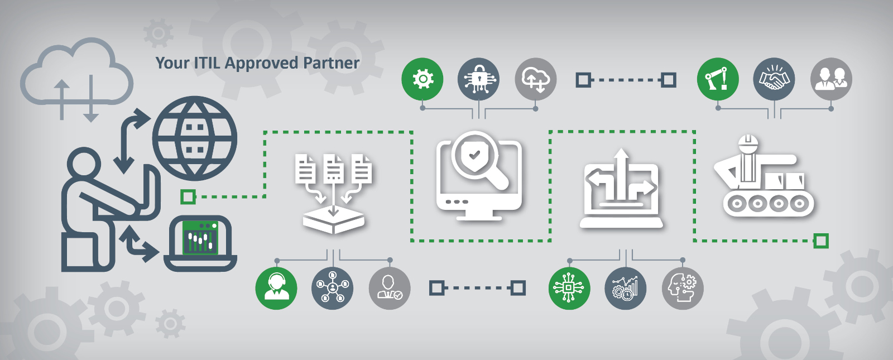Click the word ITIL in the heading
207,63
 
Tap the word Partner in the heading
332,63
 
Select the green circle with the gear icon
422,79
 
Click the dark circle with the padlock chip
478,79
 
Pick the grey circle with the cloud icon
535,79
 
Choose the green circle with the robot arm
718,79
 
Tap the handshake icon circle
774,79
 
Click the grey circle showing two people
831,79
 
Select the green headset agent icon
276,288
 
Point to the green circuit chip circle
569,288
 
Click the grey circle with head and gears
683,288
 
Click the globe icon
195,138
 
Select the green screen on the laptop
200,238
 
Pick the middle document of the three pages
334,168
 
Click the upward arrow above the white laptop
621,175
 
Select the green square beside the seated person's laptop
188,196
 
